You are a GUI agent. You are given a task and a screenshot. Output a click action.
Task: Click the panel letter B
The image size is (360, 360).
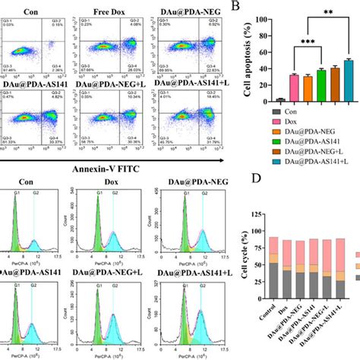tap(235, 7)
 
